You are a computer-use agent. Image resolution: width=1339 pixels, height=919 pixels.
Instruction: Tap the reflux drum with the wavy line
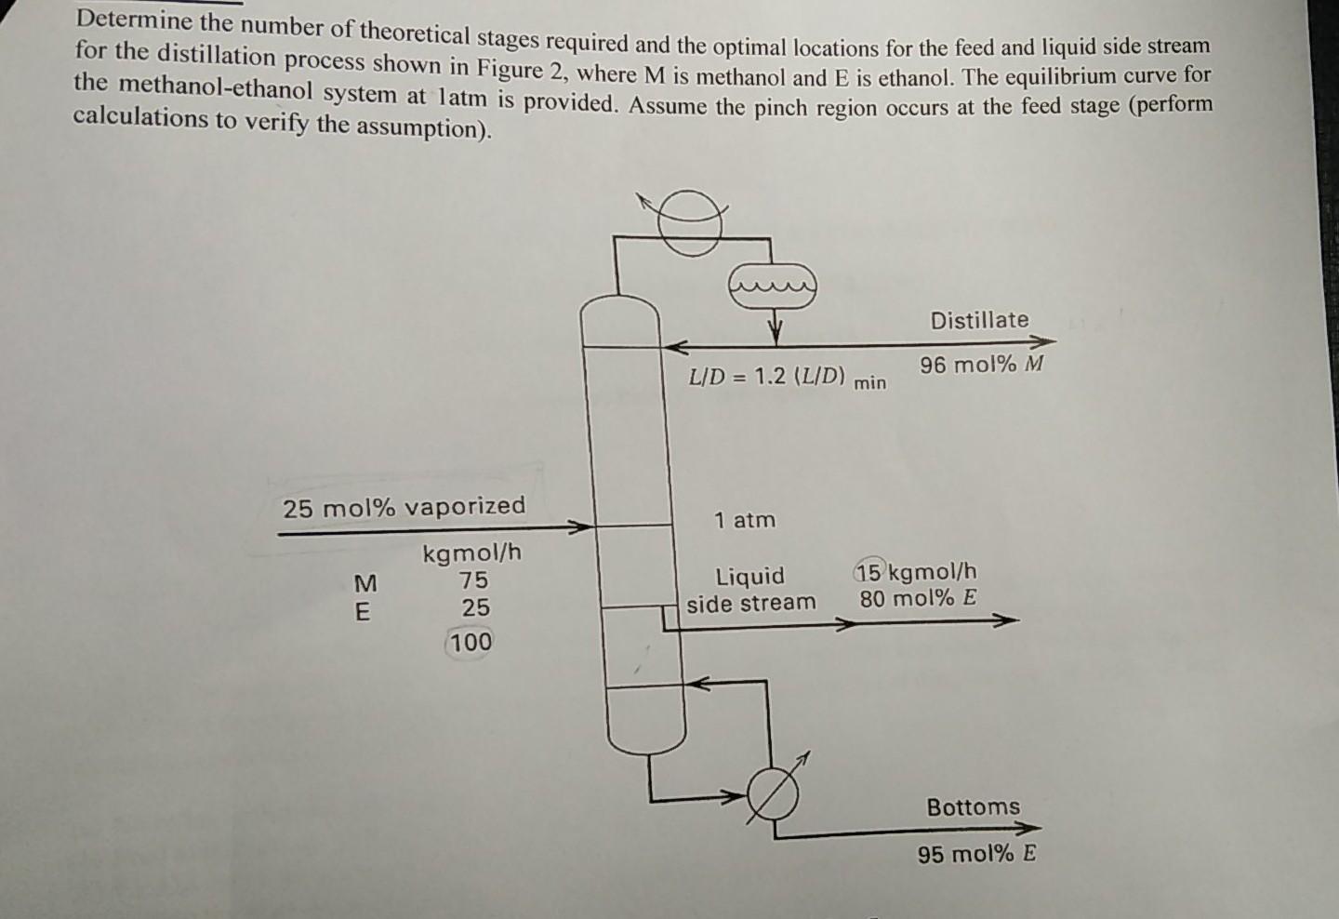773,286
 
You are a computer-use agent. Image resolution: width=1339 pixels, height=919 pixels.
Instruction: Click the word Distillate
979,320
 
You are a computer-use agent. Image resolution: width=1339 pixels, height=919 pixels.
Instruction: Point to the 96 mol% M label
982,365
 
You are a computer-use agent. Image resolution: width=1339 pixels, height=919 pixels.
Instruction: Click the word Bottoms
973,806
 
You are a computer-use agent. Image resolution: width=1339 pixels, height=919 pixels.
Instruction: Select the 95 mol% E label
976,854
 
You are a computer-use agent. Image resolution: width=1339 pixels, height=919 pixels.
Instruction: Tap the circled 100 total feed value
471,642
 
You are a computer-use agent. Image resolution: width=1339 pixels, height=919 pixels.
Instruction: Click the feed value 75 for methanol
473,579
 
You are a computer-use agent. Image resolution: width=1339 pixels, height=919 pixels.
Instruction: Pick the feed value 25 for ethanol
475,608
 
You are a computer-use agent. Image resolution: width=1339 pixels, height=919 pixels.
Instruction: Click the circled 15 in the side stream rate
870,570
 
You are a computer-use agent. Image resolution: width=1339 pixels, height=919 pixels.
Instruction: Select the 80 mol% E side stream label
918,598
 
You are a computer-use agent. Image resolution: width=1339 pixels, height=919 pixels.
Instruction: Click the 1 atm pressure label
744,520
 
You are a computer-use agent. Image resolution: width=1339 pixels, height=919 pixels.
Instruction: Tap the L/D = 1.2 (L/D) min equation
787,378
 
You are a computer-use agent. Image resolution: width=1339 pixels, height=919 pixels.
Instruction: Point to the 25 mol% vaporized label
404,507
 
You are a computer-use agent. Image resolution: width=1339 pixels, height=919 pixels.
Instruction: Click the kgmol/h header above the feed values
472,553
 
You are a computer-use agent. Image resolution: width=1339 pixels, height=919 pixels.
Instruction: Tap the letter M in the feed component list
365,583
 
